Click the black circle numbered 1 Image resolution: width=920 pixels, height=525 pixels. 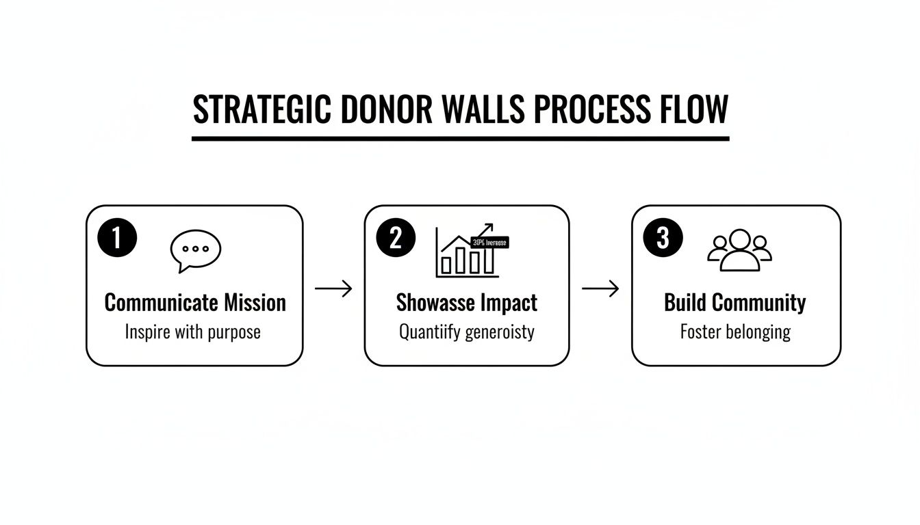pyautogui.click(x=118, y=238)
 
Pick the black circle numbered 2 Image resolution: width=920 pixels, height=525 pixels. pyautogui.click(x=396, y=238)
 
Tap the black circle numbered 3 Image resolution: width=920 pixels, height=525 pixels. pyautogui.click(x=663, y=238)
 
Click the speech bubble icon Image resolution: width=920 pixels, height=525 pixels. pyautogui.click(x=195, y=250)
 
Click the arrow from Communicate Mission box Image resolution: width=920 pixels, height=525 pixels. pyautogui.click(x=333, y=288)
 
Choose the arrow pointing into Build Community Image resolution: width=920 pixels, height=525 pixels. pyautogui.click(x=600, y=288)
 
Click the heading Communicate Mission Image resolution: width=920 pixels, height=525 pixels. pyautogui.click(x=195, y=303)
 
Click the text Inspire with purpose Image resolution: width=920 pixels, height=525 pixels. pyautogui.click(x=193, y=332)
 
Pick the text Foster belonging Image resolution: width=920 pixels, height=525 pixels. pyautogui.click(x=735, y=332)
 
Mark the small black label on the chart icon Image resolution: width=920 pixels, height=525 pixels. pyautogui.click(x=491, y=242)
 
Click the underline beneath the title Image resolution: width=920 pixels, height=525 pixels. pyautogui.click(x=460, y=138)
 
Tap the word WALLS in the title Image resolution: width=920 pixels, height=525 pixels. pyautogui.click(x=482, y=109)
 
